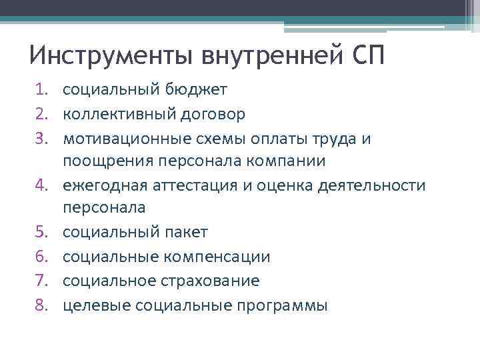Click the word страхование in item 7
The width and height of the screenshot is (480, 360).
pos(210,281)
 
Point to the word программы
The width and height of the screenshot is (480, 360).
pos(279,305)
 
